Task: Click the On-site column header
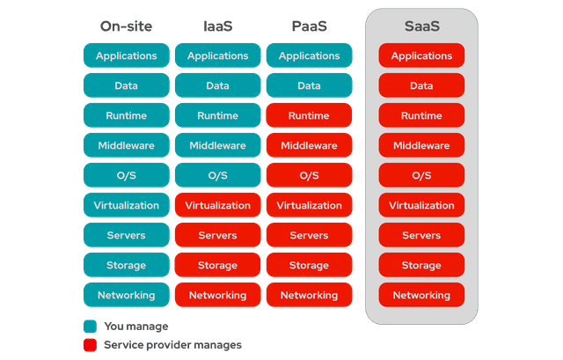click(127, 26)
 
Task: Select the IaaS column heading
click(217, 26)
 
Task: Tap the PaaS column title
click(309, 26)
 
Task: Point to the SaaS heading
click(421, 27)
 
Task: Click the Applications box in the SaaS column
click(421, 56)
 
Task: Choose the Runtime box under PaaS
click(309, 115)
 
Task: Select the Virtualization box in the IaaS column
click(217, 205)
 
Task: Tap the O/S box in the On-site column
click(127, 175)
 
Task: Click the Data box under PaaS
click(309, 85)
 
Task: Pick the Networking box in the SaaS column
click(421, 295)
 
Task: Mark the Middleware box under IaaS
click(217, 145)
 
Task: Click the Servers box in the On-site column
click(127, 235)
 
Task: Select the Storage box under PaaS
click(309, 265)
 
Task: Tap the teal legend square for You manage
click(90, 327)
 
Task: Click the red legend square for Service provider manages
click(90, 344)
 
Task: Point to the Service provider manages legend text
click(172, 344)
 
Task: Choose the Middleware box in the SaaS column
click(421, 146)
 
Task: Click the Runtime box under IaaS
click(217, 115)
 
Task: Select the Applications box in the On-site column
click(127, 55)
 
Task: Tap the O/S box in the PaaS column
click(309, 175)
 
